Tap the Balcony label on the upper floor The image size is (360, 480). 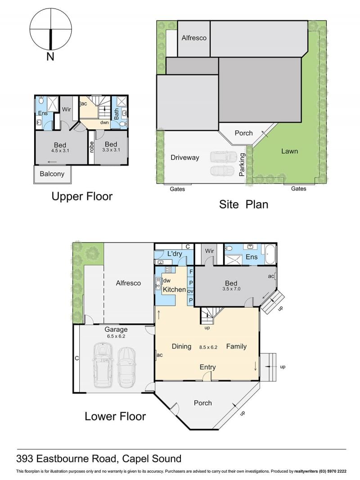[x=52, y=174]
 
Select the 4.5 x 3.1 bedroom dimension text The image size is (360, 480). [x=60, y=150]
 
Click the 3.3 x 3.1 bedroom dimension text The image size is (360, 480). [x=111, y=150]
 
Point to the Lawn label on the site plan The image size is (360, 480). [x=289, y=151]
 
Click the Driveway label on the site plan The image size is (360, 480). [x=185, y=158]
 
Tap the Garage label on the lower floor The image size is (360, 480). [x=116, y=330]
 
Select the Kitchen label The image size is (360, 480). [x=174, y=290]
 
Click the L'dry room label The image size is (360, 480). [x=175, y=254]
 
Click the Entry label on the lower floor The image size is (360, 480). [x=208, y=367]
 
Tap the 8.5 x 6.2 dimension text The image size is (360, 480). [x=208, y=348]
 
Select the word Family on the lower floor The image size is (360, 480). [x=236, y=347]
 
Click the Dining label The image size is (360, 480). [x=181, y=347]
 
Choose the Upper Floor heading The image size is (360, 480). [x=82, y=196]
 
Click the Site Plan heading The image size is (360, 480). [x=243, y=204]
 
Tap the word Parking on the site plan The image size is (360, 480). [x=242, y=165]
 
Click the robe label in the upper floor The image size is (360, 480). [x=91, y=148]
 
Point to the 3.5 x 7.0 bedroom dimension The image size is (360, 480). [x=231, y=289]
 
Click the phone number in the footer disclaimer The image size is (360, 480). [x=333, y=471]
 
